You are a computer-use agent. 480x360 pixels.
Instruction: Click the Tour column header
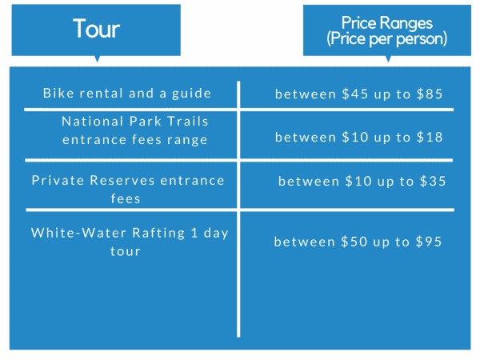point(97,29)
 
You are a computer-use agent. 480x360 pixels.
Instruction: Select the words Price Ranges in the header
point(387,23)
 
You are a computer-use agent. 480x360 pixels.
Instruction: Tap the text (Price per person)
point(387,39)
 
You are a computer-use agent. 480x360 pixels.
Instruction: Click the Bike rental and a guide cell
point(127,94)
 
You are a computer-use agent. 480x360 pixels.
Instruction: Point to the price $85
point(430,94)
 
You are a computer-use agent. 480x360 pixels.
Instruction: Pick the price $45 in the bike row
point(355,94)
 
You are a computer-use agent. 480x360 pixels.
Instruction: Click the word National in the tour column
point(92,122)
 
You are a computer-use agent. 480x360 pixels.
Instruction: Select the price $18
point(430,137)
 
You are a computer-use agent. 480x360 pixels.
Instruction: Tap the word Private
point(58,180)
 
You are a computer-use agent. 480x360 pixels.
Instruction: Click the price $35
point(433,182)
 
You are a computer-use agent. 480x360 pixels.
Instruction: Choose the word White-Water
point(78,233)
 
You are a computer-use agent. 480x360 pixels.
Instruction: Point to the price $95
point(429,242)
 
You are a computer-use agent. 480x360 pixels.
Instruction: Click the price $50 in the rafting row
point(354,242)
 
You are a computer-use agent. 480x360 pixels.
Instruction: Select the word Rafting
point(158,234)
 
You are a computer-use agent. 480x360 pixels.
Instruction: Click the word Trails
point(188,122)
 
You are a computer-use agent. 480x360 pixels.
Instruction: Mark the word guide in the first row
point(192,94)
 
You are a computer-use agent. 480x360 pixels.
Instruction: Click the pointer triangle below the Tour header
point(98,58)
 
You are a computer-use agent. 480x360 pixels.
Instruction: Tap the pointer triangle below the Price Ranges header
point(388,58)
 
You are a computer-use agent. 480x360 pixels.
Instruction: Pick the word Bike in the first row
point(58,93)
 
